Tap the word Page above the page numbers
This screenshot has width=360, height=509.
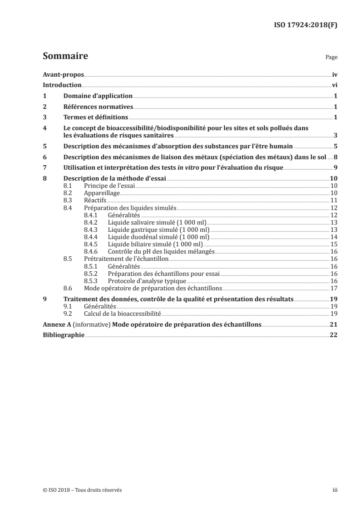point(331,58)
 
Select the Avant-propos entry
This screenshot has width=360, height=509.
point(63,74)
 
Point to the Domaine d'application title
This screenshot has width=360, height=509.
point(98,96)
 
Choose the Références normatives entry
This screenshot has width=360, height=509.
point(98,107)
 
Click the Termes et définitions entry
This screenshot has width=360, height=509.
point(96,117)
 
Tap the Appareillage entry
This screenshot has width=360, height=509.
point(102,193)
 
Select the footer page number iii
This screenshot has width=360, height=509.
point(335,490)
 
